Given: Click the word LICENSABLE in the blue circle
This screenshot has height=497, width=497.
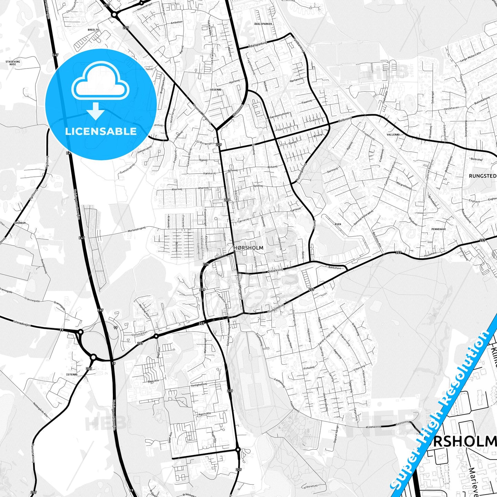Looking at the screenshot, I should point(101,131).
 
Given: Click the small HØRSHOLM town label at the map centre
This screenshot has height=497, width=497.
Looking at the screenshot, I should point(248,248).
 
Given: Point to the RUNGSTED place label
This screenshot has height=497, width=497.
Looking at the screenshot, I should point(482,176).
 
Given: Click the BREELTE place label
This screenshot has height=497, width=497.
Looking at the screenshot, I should point(93,30).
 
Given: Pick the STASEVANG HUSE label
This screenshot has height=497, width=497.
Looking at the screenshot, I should point(13,63).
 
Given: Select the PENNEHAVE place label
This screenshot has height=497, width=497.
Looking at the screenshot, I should point(439,228).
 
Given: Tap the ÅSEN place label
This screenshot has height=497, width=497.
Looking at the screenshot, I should point(338,224).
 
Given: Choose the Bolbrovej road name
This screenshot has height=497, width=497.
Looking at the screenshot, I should point(345,121).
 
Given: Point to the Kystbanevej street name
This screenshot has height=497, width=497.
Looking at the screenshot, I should point(299,44).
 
